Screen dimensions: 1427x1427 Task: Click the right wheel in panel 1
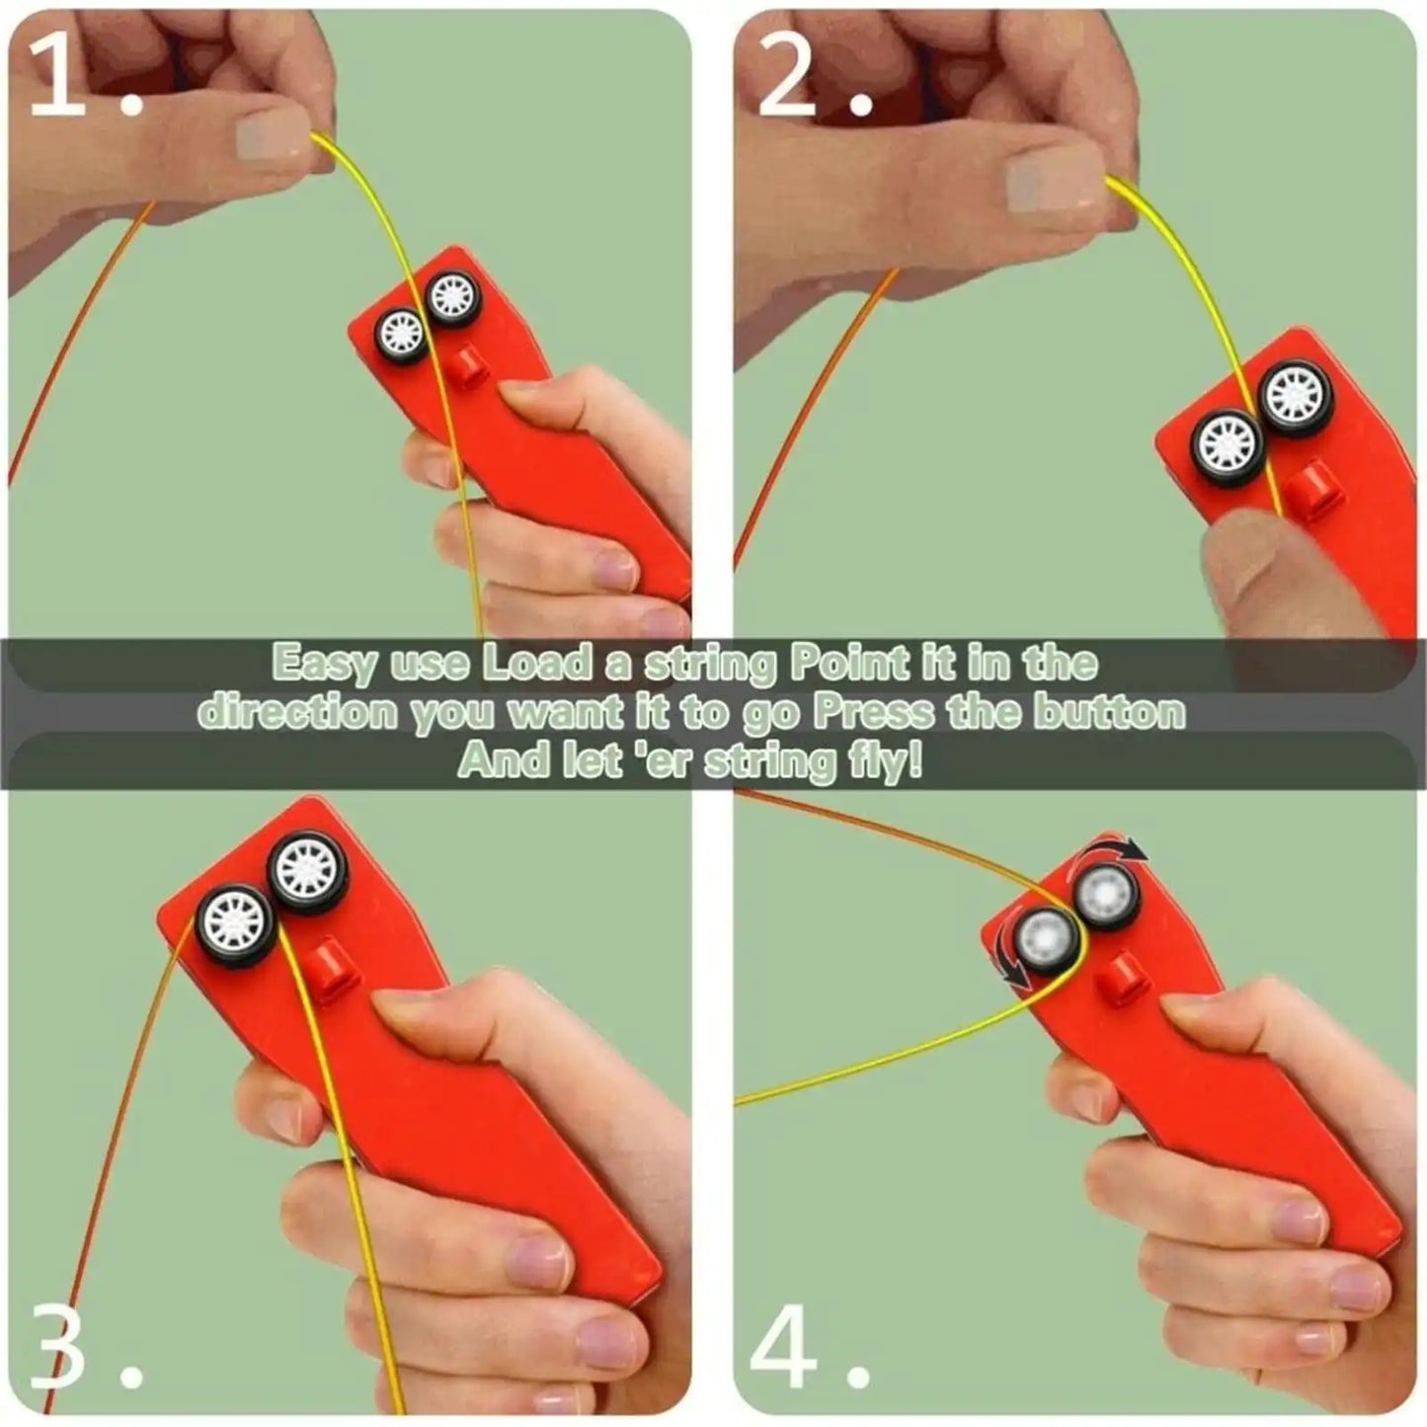(x=454, y=294)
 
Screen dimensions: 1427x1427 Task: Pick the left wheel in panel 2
(x=1227, y=442)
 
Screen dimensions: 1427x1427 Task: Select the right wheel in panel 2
(x=1296, y=394)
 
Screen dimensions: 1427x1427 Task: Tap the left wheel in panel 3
(x=237, y=924)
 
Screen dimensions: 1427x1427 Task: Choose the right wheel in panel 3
(x=308, y=870)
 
